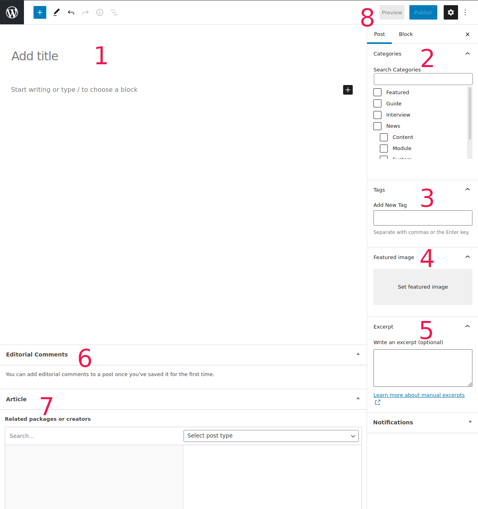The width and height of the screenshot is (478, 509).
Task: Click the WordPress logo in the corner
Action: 12,12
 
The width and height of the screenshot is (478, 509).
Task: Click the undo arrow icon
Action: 71,12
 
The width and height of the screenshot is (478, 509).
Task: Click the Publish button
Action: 423,12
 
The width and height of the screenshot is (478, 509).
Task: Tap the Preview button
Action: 391,12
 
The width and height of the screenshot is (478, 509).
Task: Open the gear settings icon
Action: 450,12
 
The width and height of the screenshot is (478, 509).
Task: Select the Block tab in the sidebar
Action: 406,34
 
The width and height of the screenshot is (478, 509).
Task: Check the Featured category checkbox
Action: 377,93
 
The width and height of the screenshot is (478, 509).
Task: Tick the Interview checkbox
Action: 377,115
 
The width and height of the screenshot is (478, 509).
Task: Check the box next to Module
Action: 384,149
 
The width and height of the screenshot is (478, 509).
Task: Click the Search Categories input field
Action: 423,79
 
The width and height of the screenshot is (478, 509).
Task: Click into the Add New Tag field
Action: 423,218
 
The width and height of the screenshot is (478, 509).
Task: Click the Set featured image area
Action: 423,287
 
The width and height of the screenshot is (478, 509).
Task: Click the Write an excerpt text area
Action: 423,368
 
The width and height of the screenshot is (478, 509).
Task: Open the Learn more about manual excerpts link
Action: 419,395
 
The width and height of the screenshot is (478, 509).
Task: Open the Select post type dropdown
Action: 271,436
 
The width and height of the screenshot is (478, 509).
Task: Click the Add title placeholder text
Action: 35,56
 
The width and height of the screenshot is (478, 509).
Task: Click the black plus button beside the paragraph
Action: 348,90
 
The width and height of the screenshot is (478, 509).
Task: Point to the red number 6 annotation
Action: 85,358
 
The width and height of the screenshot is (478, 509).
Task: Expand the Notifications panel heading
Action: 393,422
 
